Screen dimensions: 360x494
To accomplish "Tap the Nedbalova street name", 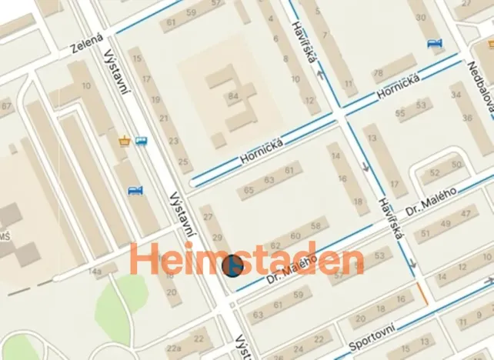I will click(479, 85).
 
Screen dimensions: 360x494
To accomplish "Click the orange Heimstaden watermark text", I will click(246, 261).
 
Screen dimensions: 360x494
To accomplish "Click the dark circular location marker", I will click(232, 266).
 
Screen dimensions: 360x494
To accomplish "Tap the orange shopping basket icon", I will click(125, 141).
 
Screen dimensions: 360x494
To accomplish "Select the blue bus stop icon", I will click(141, 141).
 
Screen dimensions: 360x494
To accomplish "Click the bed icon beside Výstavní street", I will click(135, 190).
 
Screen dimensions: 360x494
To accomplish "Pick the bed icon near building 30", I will click(435, 43).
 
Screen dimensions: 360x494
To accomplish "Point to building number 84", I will click(232, 97).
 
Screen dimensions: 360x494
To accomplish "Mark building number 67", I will click(6, 105).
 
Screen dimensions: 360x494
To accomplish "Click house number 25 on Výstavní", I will click(183, 162).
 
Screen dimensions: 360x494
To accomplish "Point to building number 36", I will click(467, 118).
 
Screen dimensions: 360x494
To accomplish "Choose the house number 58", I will click(315, 226).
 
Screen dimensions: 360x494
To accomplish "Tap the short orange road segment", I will click(422, 292).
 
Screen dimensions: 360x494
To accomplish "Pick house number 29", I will click(217, 237).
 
